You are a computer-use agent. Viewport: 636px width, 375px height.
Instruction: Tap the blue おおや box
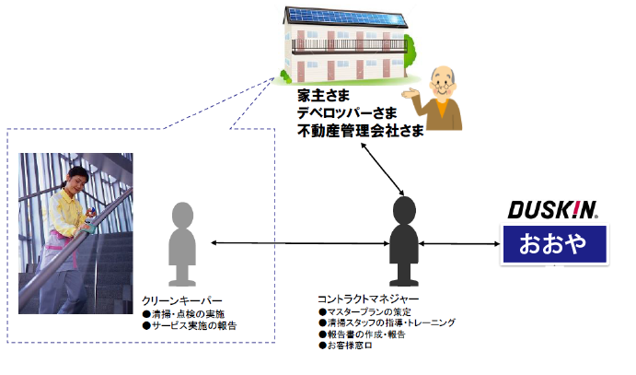tap(552, 245)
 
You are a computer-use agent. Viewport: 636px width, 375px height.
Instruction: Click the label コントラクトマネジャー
tap(367, 299)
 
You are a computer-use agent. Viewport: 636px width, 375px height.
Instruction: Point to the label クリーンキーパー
tap(182, 301)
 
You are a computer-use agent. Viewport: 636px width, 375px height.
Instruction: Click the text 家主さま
tap(324, 96)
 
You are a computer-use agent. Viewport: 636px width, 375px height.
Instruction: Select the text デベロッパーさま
tap(351, 113)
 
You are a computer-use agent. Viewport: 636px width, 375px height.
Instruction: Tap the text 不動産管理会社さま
tap(360, 131)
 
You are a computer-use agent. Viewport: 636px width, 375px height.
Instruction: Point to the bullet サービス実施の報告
tap(190, 325)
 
